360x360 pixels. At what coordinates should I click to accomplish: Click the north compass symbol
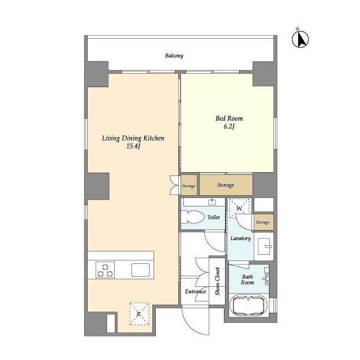tap(300, 39)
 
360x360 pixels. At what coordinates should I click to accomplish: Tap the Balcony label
tap(174, 56)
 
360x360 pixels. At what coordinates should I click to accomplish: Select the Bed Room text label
tap(229, 119)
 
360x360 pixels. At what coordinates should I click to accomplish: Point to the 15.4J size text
tap(133, 146)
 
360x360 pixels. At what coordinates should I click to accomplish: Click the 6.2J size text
tap(229, 126)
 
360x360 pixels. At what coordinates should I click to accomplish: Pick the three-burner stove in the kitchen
tap(105, 270)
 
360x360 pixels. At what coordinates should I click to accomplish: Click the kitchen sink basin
tap(140, 270)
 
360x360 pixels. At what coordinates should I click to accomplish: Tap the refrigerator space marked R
tap(139, 314)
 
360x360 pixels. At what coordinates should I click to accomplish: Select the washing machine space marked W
tap(240, 208)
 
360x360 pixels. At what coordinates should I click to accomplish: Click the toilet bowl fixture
tap(192, 217)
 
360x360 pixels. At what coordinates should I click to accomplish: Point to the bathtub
tap(249, 305)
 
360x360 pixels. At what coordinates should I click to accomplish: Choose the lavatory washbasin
tap(264, 246)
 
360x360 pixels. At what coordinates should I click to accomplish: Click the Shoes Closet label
tap(218, 281)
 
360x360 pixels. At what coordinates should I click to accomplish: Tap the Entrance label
tap(195, 291)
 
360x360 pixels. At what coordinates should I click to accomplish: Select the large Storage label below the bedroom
tap(226, 185)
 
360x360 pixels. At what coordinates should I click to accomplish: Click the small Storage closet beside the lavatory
tap(263, 222)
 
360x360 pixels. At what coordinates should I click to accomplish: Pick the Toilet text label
tap(214, 217)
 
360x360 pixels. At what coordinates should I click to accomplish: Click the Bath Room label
tap(247, 280)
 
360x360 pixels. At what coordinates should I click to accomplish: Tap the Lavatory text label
tap(240, 238)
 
